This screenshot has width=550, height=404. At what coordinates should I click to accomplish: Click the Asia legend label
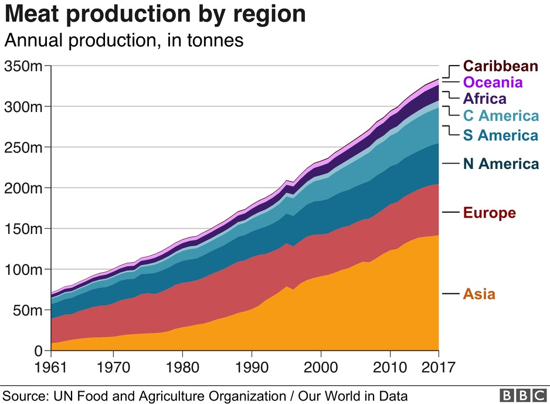pyautogui.click(x=479, y=294)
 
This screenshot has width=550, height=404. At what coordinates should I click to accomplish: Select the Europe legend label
pyautogui.click(x=489, y=212)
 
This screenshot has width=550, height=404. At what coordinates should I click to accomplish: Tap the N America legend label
pyautogui.click(x=500, y=164)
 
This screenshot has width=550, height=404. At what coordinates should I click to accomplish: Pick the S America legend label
pyautogui.click(x=500, y=135)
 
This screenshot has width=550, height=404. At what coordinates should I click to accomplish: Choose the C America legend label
pyautogui.click(x=500, y=116)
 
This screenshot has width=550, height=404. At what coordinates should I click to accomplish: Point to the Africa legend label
pyautogui.click(x=484, y=99)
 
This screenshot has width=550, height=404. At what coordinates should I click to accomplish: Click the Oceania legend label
pyautogui.click(x=493, y=82)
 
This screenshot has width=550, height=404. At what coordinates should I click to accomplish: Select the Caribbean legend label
pyautogui.click(x=500, y=66)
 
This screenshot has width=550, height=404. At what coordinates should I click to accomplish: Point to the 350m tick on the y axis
pyautogui.click(x=23, y=66)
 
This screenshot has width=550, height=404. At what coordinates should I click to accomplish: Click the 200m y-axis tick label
pyautogui.click(x=23, y=188)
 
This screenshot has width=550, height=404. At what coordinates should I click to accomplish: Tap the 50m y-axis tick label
pyautogui.click(x=26, y=310)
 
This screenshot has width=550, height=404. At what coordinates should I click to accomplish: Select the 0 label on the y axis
pyautogui.click(x=38, y=351)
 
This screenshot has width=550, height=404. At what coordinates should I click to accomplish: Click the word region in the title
pyautogui.click(x=268, y=14)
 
